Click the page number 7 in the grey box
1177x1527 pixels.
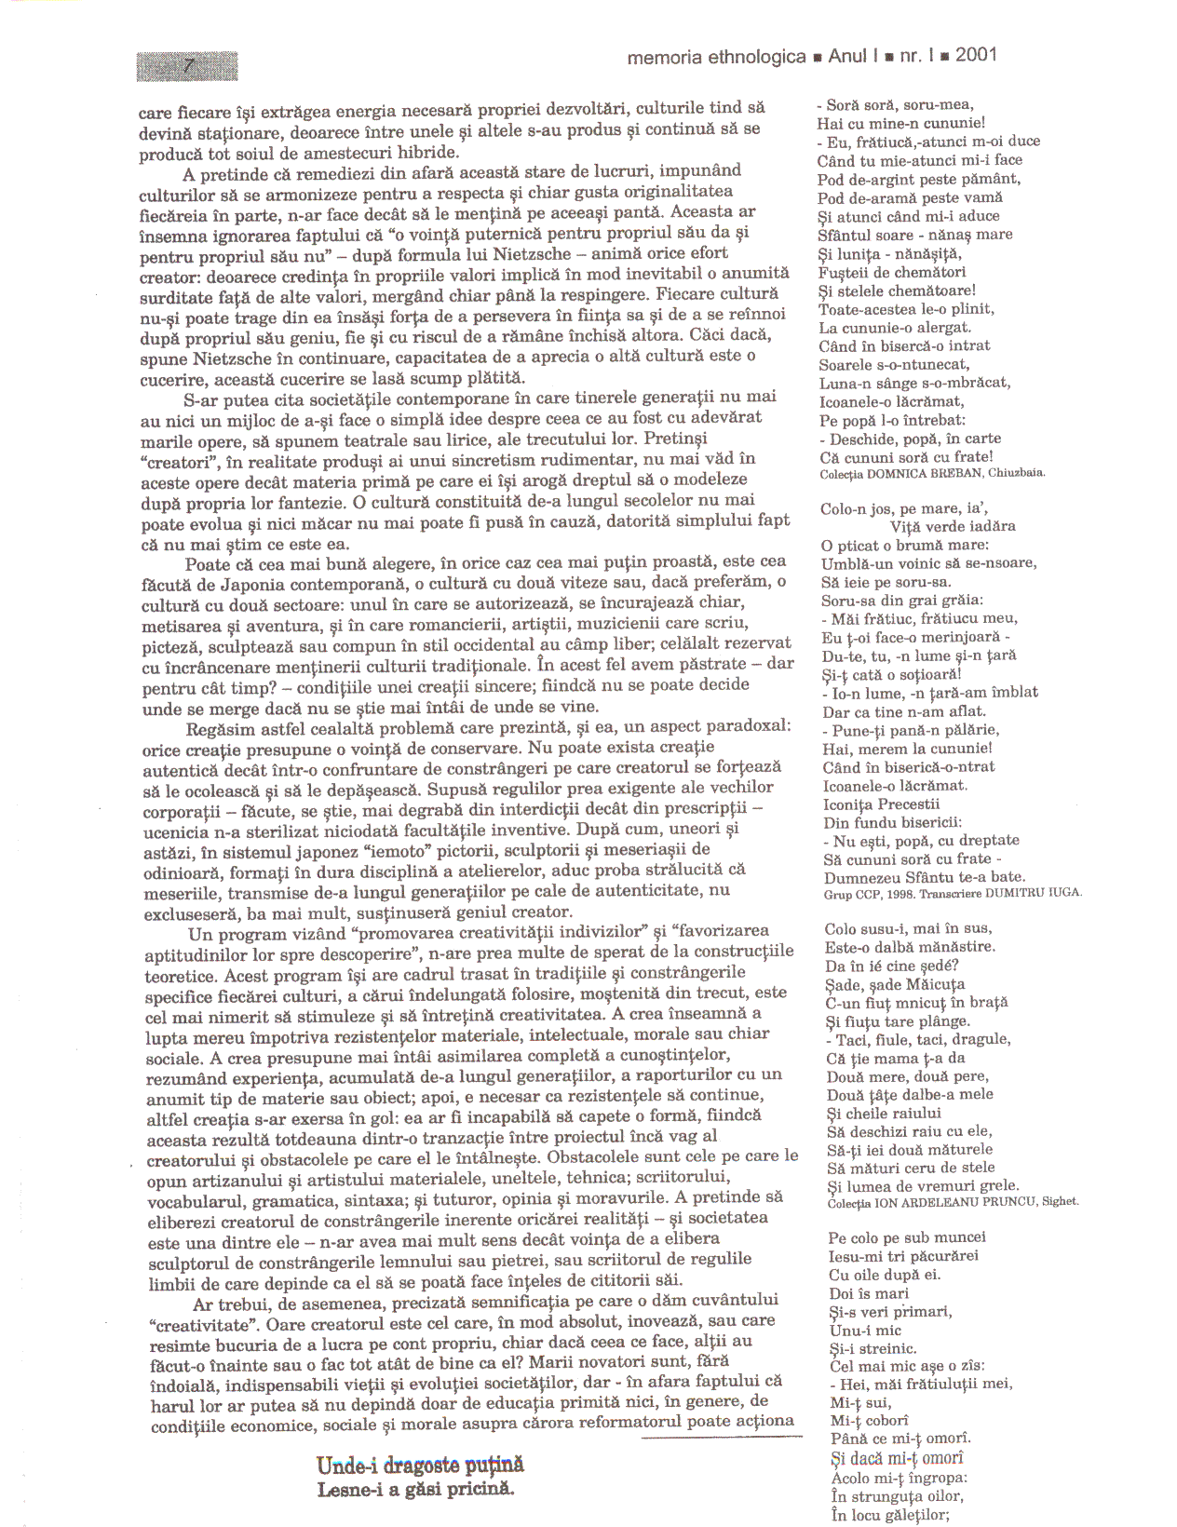[189, 66]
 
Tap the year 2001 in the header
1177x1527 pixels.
[976, 55]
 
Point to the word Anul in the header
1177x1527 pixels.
[846, 56]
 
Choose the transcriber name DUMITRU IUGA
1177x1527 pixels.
[1041, 893]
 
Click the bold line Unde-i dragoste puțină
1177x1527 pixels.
[420, 1466]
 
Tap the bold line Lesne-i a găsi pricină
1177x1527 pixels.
[415, 1489]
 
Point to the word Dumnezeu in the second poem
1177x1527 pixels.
[863, 877]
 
